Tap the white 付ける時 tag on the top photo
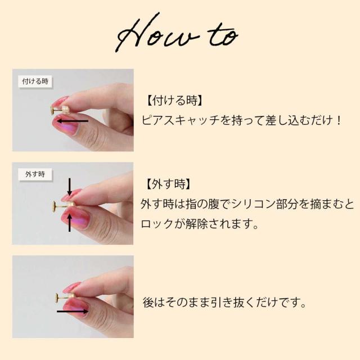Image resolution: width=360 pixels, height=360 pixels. (x=35, y=81)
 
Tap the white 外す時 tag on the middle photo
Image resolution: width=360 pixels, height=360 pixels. (x=35, y=174)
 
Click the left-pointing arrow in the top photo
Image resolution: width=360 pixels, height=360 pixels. (x=72, y=121)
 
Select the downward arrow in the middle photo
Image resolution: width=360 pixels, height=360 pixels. (x=70, y=186)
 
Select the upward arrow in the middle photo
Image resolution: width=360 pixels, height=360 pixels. (x=70, y=223)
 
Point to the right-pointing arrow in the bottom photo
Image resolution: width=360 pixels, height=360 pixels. (x=73, y=312)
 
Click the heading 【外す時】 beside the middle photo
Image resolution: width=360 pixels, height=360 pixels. (x=168, y=184)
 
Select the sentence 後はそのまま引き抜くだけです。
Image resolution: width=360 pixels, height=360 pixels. (x=224, y=302)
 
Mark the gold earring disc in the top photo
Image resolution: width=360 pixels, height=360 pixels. (x=53, y=110)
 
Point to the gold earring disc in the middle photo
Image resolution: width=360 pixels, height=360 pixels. (x=55, y=205)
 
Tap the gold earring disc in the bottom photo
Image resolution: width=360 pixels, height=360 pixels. (x=57, y=298)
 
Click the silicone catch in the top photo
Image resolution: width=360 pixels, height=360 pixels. (x=66, y=110)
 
